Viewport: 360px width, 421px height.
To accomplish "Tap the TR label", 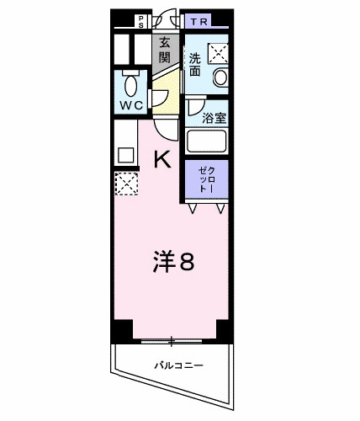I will pos(199,20).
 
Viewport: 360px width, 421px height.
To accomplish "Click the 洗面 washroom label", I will pos(194,65).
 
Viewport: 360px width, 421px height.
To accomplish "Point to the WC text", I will pos(130,107).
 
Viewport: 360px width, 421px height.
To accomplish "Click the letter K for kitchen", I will pos(162,158).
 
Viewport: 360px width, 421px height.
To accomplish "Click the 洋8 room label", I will pos(174,262).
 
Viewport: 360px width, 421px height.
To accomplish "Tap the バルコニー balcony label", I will pos(177,365).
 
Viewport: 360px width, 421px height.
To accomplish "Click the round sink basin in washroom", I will pos(221,77).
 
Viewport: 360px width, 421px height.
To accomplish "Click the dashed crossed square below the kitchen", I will pos(126,184).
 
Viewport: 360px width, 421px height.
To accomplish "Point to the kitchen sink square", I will pos(124,155).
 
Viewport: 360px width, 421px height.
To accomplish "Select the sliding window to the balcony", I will pos(172,341).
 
